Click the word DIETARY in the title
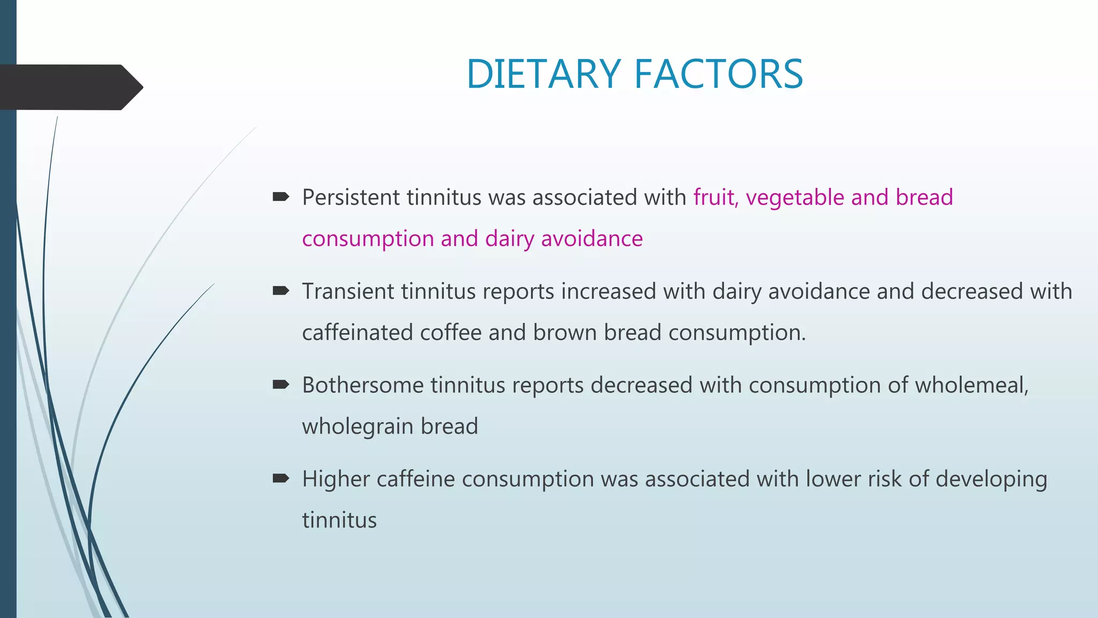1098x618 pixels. point(543,74)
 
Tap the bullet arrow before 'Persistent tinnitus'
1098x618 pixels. point(281,197)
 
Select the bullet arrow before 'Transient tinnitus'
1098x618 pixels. point(281,291)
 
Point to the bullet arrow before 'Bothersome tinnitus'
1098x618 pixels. point(281,384)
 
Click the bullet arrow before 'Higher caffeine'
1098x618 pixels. point(281,478)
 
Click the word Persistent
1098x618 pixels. point(351,197)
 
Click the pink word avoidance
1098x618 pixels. point(591,239)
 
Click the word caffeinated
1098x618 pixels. point(357,333)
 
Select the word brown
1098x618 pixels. point(565,333)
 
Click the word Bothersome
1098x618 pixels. point(362,385)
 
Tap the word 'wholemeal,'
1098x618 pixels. point(971,385)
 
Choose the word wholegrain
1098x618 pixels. point(358,426)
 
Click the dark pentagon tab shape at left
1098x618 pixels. point(70,87)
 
